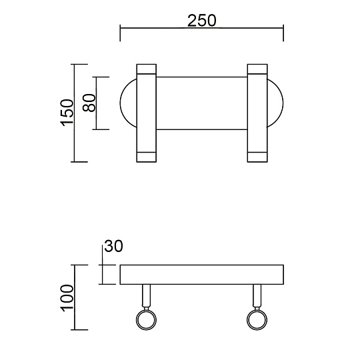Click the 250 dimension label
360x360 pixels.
pyautogui.click(x=201, y=20)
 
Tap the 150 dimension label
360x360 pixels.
pyautogui.click(x=66, y=113)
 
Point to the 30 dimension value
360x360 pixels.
pyautogui.click(x=114, y=246)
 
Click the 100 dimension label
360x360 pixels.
pyautogui.click(x=66, y=297)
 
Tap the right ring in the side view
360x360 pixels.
pyautogui.click(x=257, y=321)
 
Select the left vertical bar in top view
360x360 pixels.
pyautogui.click(x=146, y=113)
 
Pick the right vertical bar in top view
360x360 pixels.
pyautogui.click(x=257, y=113)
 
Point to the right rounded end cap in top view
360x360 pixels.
pyautogui.click(x=276, y=103)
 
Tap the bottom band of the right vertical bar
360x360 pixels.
pyautogui.click(x=257, y=157)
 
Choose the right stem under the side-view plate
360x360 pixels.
pyautogui.click(x=257, y=296)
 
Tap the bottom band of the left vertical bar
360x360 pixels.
pyautogui.click(x=146, y=157)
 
